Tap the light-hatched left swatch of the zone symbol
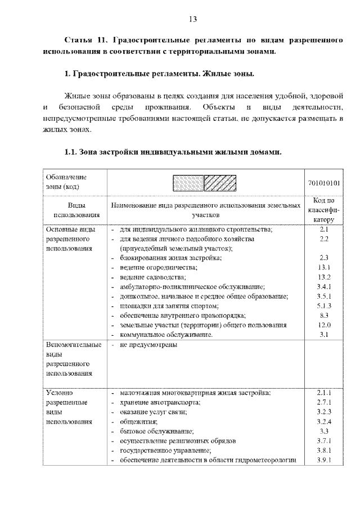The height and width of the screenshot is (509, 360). pyautogui.click(x=188, y=183)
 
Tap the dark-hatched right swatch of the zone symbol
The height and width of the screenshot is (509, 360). pyautogui.click(x=220, y=183)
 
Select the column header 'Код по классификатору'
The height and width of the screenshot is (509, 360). pyautogui.click(x=323, y=210)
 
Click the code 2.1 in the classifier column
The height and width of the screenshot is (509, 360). pyautogui.click(x=323, y=229)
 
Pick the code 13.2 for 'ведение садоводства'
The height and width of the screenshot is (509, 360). pyautogui.click(x=323, y=277)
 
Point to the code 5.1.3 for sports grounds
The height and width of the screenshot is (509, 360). pyautogui.click(x=323, y=305)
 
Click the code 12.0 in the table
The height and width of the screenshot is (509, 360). pyautogui.click(x=323, y=325)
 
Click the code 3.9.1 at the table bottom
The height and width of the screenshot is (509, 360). pyautogui.click(x=323, y=460)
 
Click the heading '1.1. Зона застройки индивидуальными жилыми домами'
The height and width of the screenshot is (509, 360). pyautogui.click(x=173, y=152)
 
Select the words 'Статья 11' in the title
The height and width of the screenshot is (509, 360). pyautogui.click(x=85, y=42)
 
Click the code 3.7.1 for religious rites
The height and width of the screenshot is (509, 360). pyautogui.click(x=323, y=440)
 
